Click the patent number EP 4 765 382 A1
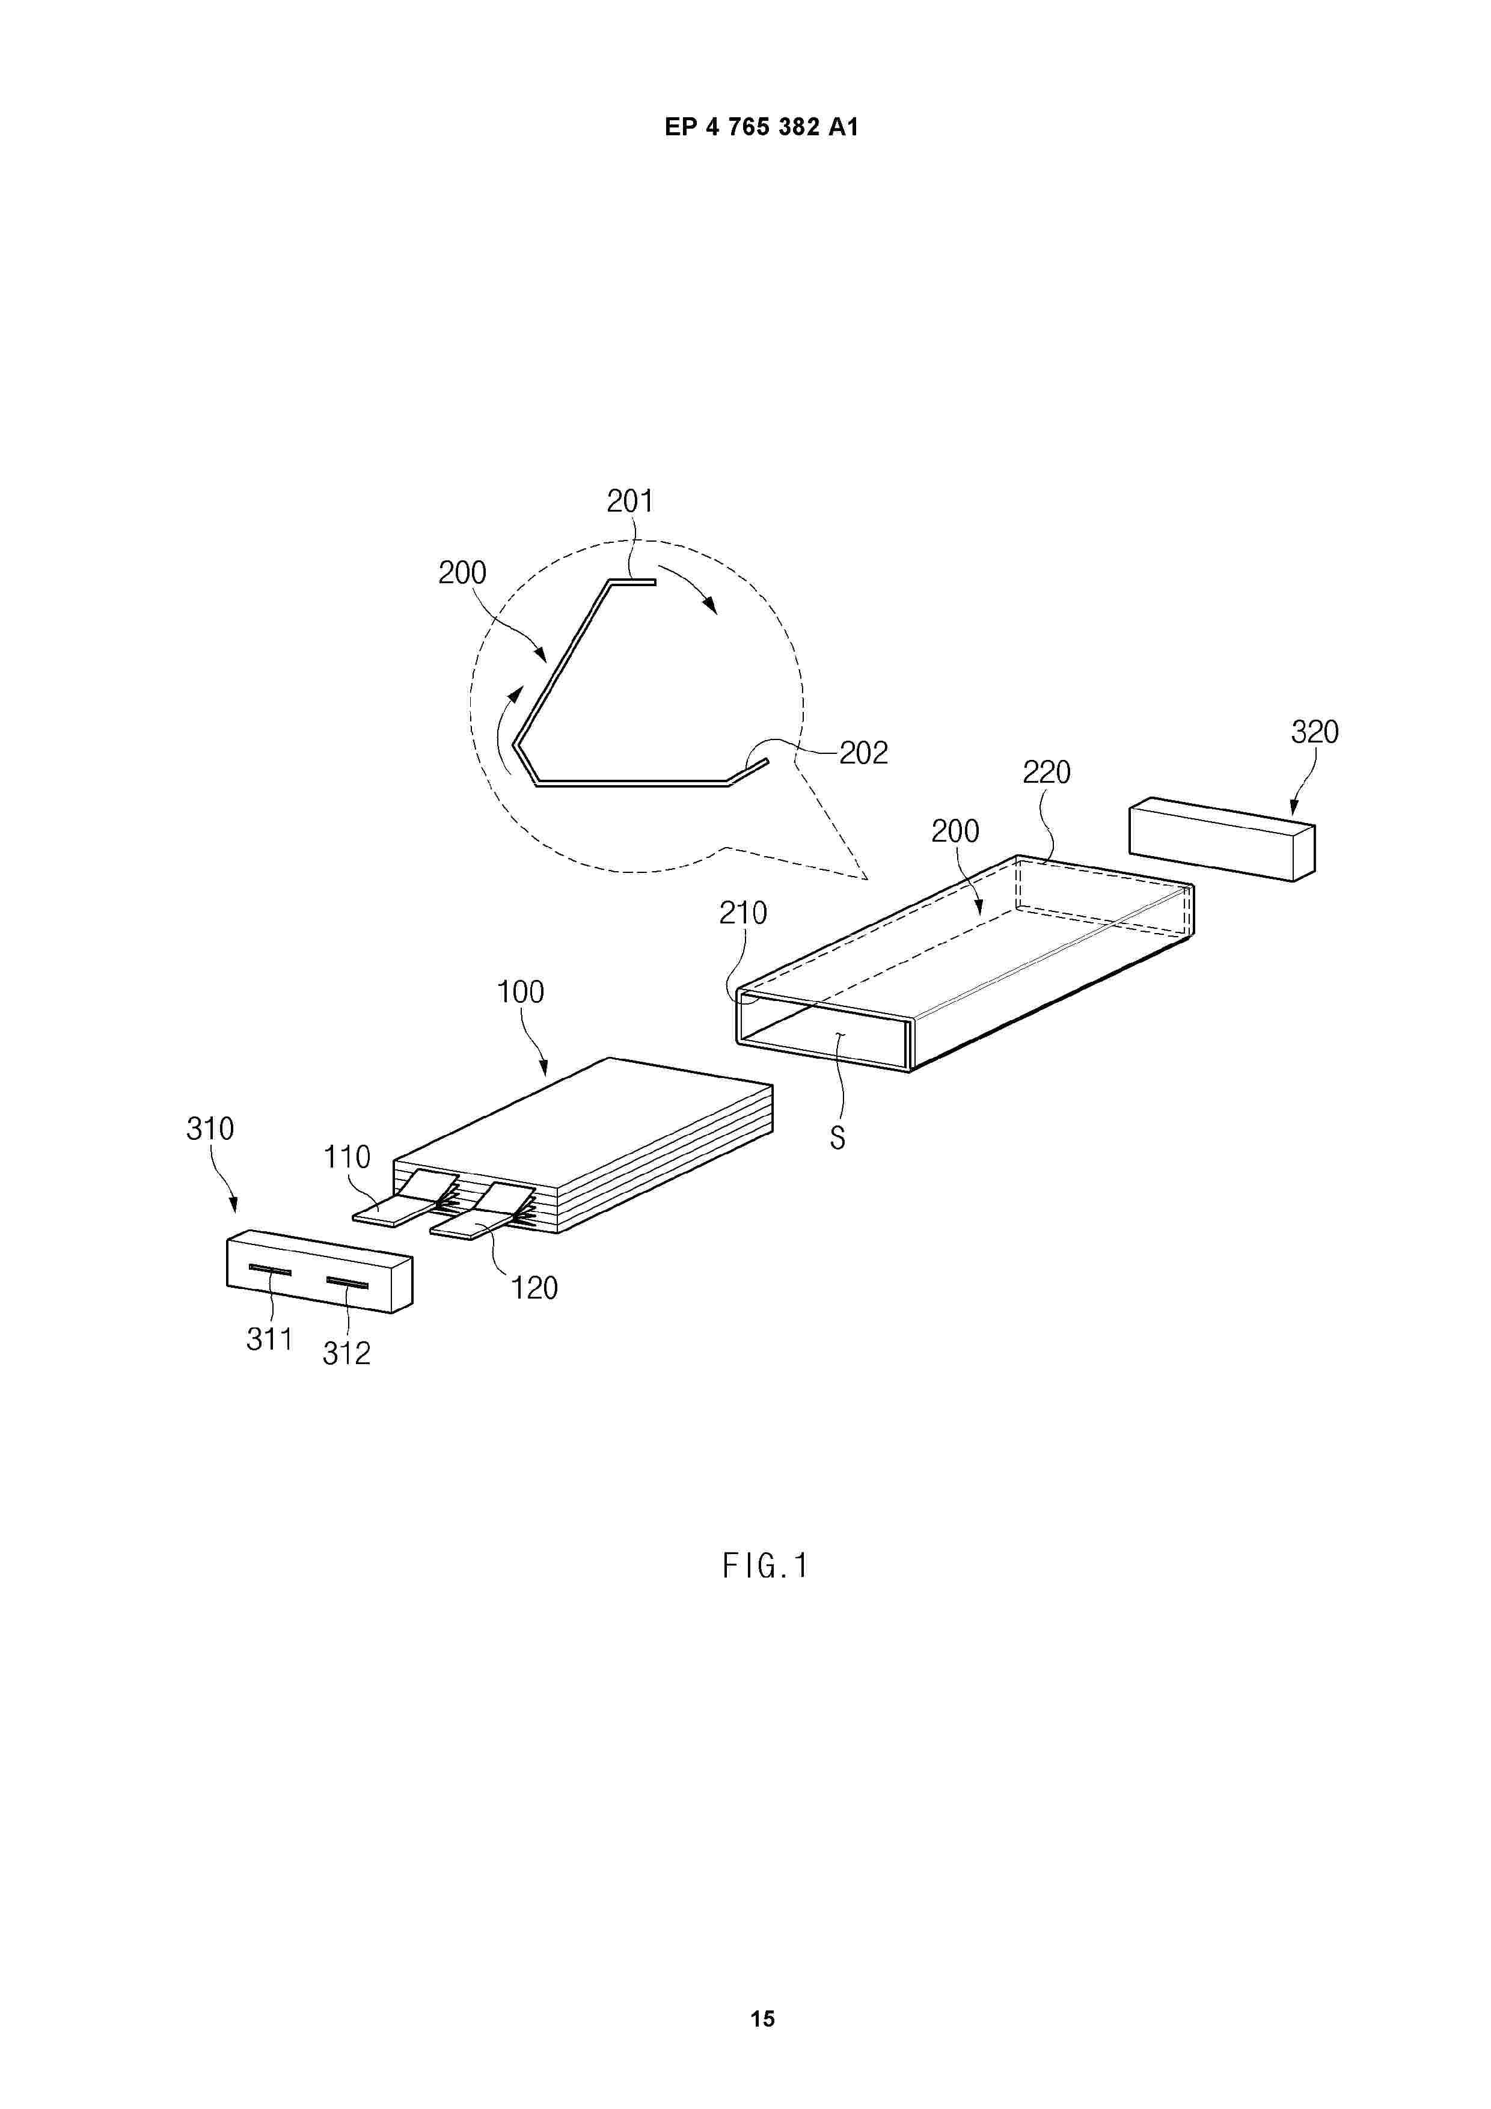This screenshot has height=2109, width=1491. point(762,127)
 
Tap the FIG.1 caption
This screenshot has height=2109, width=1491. point(764,1565)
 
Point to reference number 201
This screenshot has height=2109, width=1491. point(630,501)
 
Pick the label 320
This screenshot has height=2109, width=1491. point(1315,732)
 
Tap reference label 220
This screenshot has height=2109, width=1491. point(1046,773)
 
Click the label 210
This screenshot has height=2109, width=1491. point(742,913)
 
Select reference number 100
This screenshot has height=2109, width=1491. point(520,992)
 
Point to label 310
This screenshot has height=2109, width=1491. point(210,1129)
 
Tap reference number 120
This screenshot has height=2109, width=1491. point(534,1288)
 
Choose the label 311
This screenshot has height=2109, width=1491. point(269,1339)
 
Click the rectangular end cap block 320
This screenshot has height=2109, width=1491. point(1222,839)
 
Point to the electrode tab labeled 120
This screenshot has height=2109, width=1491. point(482,1211)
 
